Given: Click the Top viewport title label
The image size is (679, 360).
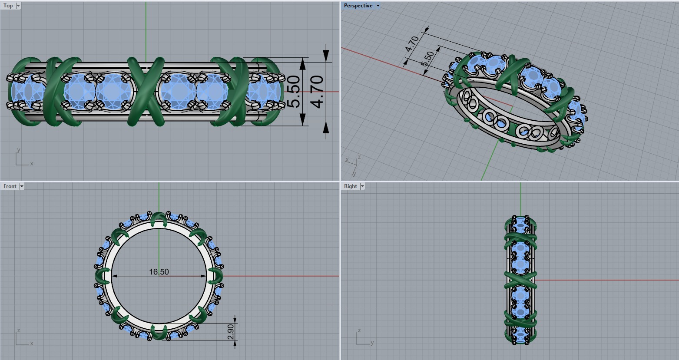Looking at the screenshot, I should [x=8, y=6].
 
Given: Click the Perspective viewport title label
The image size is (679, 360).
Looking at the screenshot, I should [x=358, y=6].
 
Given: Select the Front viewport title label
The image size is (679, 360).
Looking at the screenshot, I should [x=10, y=186].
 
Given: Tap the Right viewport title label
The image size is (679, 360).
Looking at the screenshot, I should [x=350, y=186].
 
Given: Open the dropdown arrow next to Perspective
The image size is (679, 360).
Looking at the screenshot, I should [x=378, y=6].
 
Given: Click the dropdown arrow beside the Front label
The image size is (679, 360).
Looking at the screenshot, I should [x=22, y=186].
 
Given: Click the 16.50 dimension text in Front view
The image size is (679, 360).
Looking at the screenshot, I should [x=159, y=272].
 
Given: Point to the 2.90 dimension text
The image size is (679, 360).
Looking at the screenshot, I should [x=231, y=332].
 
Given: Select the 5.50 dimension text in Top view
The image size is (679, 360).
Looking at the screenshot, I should [x=294, y=92].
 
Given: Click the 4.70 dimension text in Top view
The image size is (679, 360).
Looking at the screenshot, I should [x=317, y=92].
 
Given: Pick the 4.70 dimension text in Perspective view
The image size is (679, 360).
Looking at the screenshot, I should [x=412, y=44].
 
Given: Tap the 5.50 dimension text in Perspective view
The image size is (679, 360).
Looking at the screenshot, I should [x=428, y=59].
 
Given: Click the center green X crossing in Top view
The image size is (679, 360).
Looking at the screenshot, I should [x=146, y=92].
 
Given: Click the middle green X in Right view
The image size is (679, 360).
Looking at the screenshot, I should [x=520, y=280].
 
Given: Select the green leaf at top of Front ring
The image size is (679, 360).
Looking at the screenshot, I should [x=159, y=220].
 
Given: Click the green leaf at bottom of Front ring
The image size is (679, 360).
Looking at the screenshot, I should [x=159, y=332].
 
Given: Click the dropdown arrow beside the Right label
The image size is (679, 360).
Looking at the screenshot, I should [x=362, y=186].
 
